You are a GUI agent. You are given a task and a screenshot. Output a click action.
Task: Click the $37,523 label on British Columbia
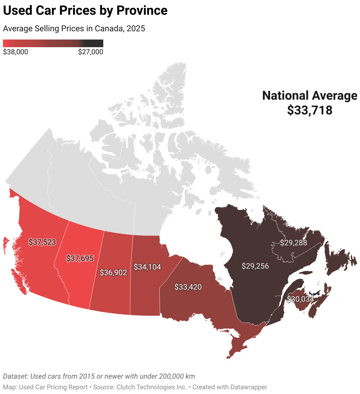click(42, 242)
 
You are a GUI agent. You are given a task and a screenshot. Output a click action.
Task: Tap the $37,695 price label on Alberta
click(80, 259)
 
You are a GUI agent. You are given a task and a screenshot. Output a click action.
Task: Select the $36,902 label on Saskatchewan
click(113, 272)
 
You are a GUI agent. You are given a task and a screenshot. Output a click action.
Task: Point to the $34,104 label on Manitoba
click(147, 267)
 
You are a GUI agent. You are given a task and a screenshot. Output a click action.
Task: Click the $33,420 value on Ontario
click(188, 287)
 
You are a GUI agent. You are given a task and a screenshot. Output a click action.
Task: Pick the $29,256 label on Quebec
click(255, 266)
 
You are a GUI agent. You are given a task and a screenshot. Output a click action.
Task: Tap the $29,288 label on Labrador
click(293, 243)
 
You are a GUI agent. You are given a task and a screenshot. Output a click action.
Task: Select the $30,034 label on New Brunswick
click(300, 299)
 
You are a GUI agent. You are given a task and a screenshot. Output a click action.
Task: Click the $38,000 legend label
click(15, 52)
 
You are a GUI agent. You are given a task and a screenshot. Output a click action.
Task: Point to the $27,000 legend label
click(91, 52)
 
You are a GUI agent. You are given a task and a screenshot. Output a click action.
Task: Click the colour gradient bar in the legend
click(53, 43)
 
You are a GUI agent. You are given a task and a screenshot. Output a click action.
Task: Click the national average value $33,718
click(310, 110)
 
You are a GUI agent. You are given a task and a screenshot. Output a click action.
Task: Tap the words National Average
click(310, 96)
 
